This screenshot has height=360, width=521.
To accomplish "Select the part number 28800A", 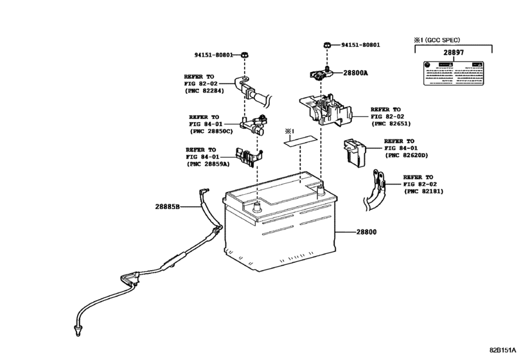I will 356,73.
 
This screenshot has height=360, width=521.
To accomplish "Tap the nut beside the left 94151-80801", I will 246,55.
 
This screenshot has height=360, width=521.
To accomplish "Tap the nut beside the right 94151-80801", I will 327,46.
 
